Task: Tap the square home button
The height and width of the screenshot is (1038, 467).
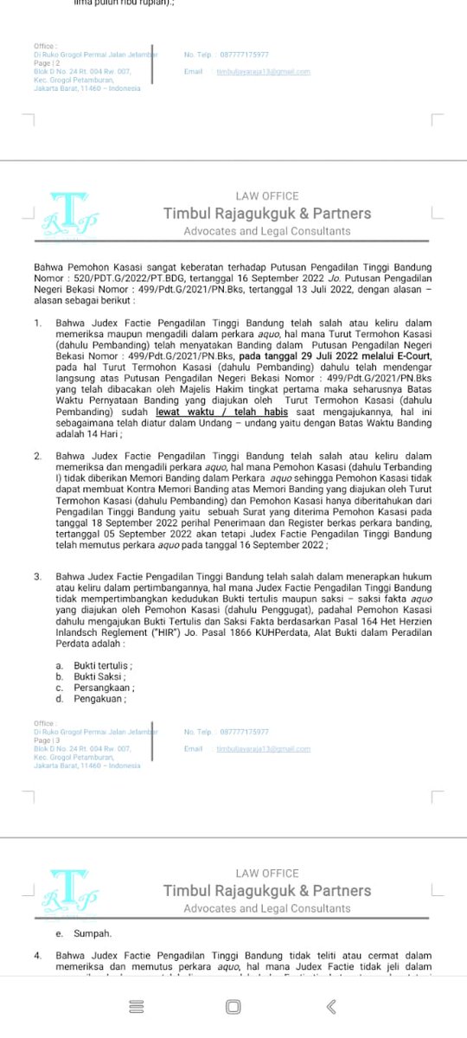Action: coord(233,1006)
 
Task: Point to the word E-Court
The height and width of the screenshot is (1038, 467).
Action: coord(411,356)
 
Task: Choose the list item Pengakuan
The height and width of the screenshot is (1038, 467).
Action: coord(99,699)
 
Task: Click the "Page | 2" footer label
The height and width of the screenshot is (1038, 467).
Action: coord(48,63)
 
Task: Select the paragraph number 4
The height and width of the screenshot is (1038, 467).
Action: coord(37,955)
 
